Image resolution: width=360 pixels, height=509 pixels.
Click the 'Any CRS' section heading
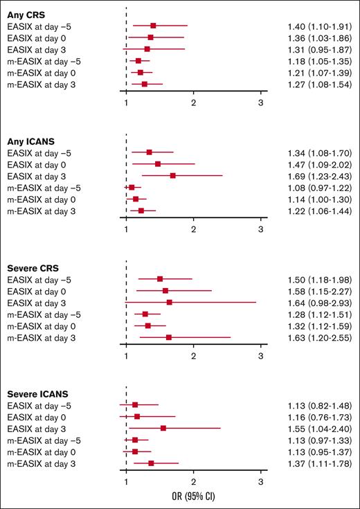25,14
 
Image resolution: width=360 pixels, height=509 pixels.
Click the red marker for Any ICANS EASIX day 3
172,175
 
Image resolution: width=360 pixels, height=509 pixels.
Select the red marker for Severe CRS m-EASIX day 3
168,337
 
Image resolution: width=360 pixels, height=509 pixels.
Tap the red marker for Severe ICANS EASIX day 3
163,428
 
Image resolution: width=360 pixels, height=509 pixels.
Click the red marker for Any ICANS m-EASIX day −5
132,187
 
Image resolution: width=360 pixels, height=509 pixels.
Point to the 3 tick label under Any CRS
260,103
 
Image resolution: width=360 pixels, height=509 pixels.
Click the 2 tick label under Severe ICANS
193,483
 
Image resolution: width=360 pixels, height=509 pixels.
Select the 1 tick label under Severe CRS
126,356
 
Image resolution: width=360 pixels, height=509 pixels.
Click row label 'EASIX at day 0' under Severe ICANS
37,416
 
